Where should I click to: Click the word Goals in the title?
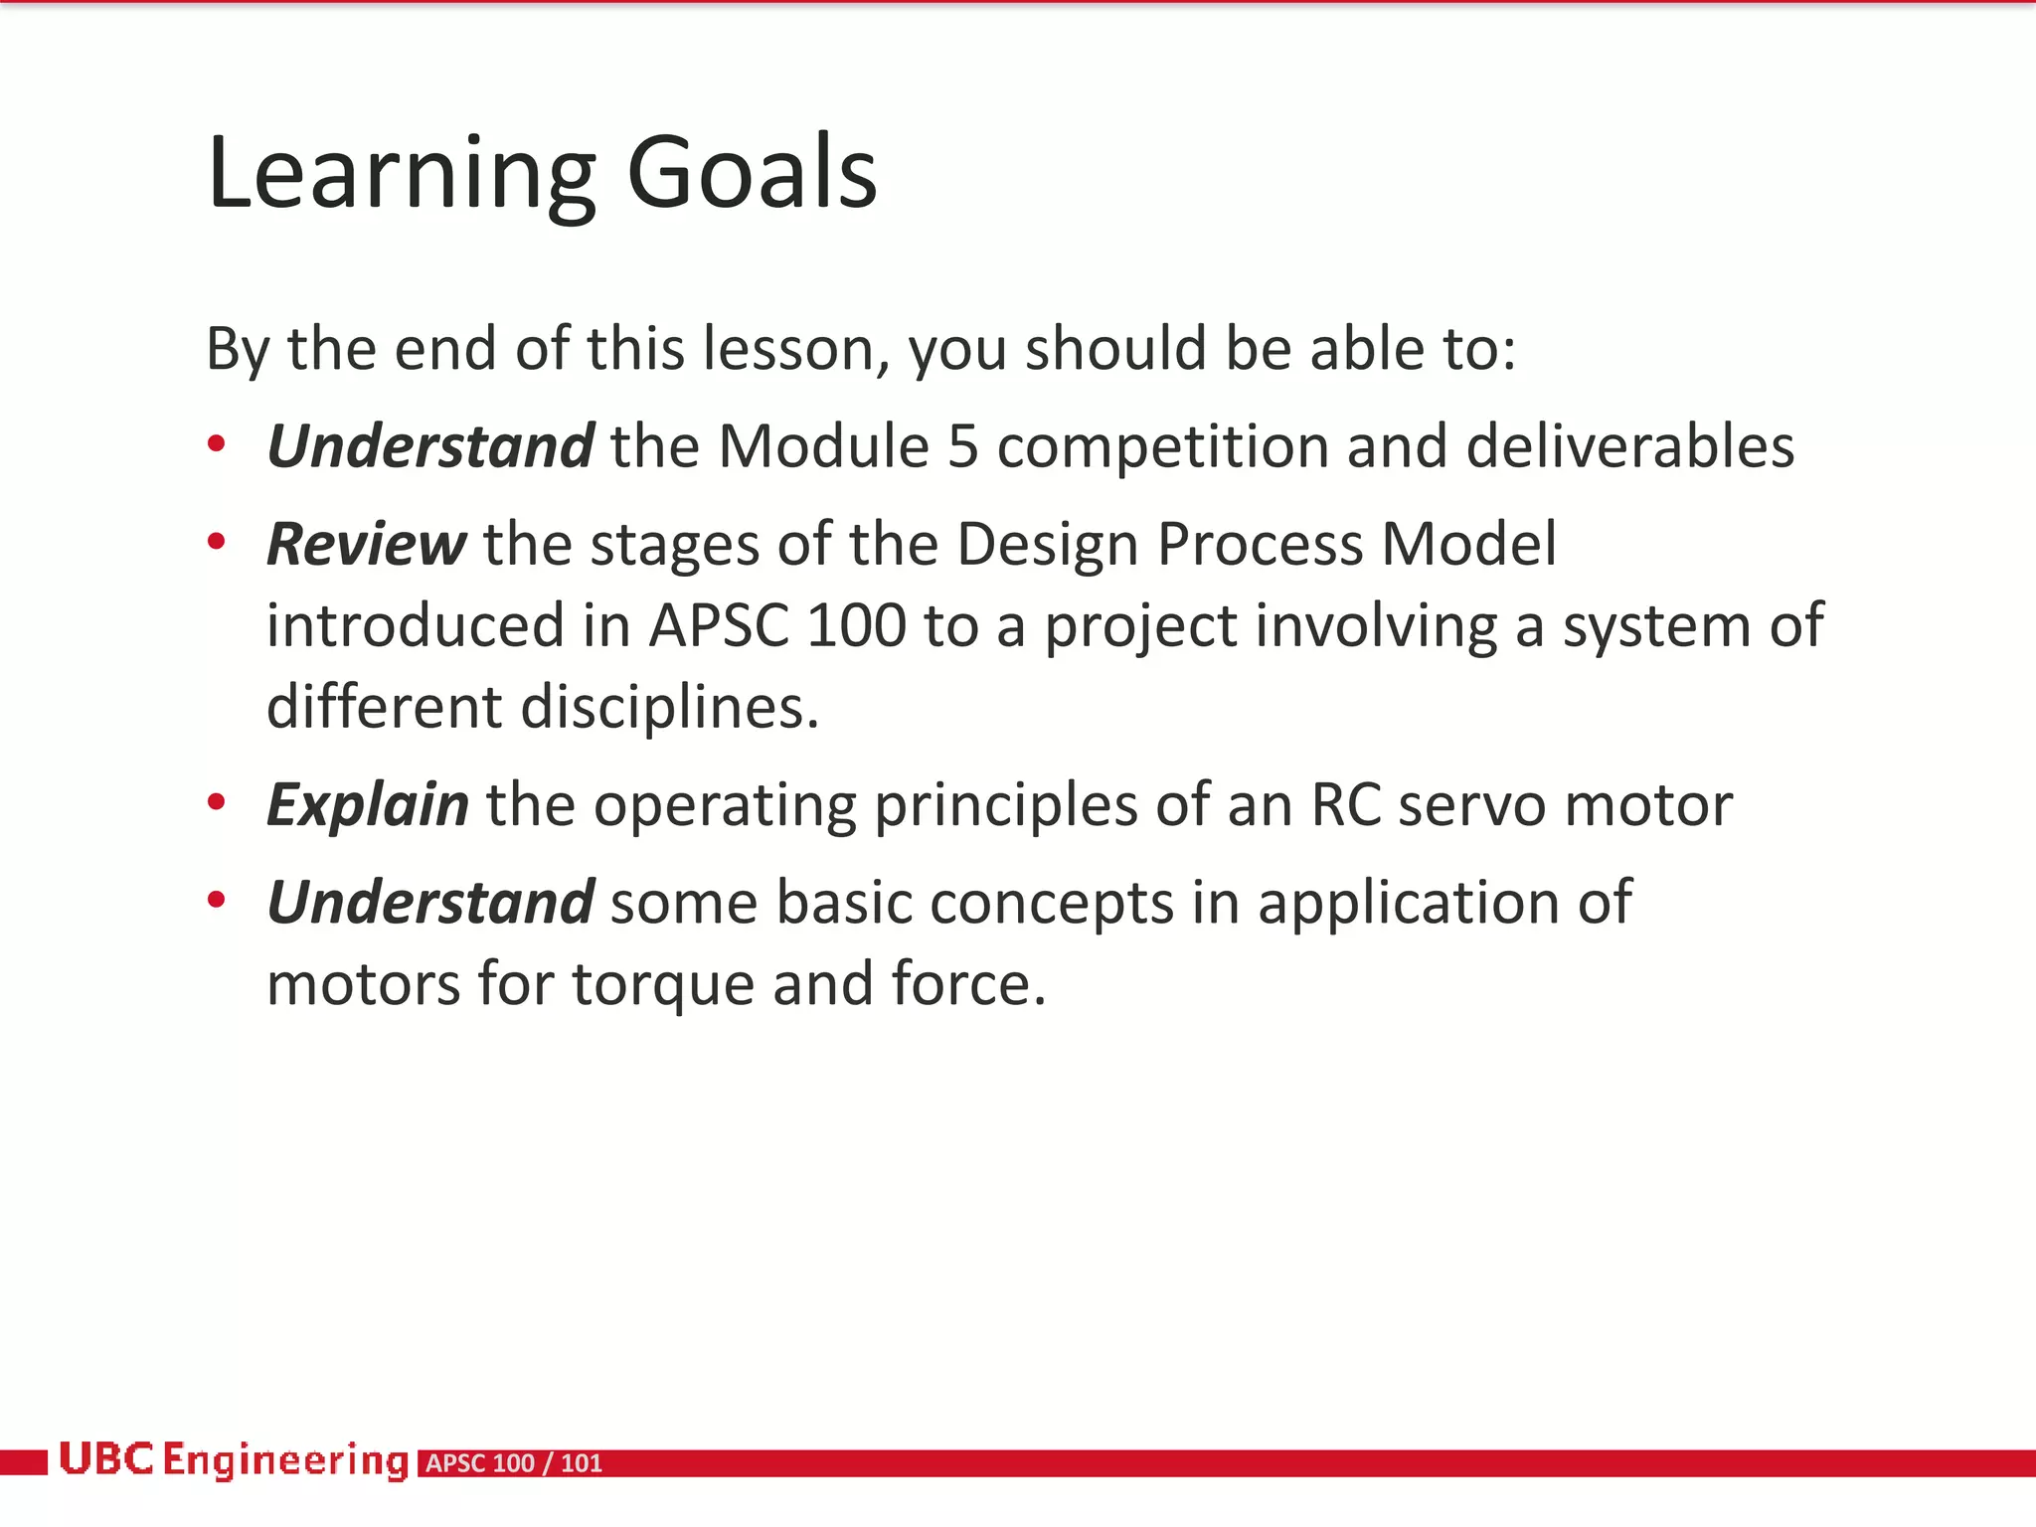pyautogui.click(x=753, y=174)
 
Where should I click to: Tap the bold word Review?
pyautogui.click(x=365, y=545)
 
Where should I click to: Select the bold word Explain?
pyautogui.click(x=367, y=805)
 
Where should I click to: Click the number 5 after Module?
pyautogui.click(x=962, y=446)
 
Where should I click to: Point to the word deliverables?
pyautogui.click(x=1629, y=446)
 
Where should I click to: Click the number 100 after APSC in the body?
pyautogui.click(x=856, y=626)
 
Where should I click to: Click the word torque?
pyautogui.click(x=663, y=984)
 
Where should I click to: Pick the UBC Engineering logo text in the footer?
pyautogui.click(x=234, y=1460)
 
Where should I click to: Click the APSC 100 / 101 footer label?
pyautogui.click(x=514, y=1463)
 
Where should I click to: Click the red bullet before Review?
pyautogui.click(x=216, y=543)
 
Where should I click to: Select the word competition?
pyautogui.click(x=1162, y=446)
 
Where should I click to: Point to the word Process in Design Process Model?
pyautogui.click(x=1260, y=545)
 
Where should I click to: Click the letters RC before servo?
pyautogui.click(x=1345, y=805)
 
